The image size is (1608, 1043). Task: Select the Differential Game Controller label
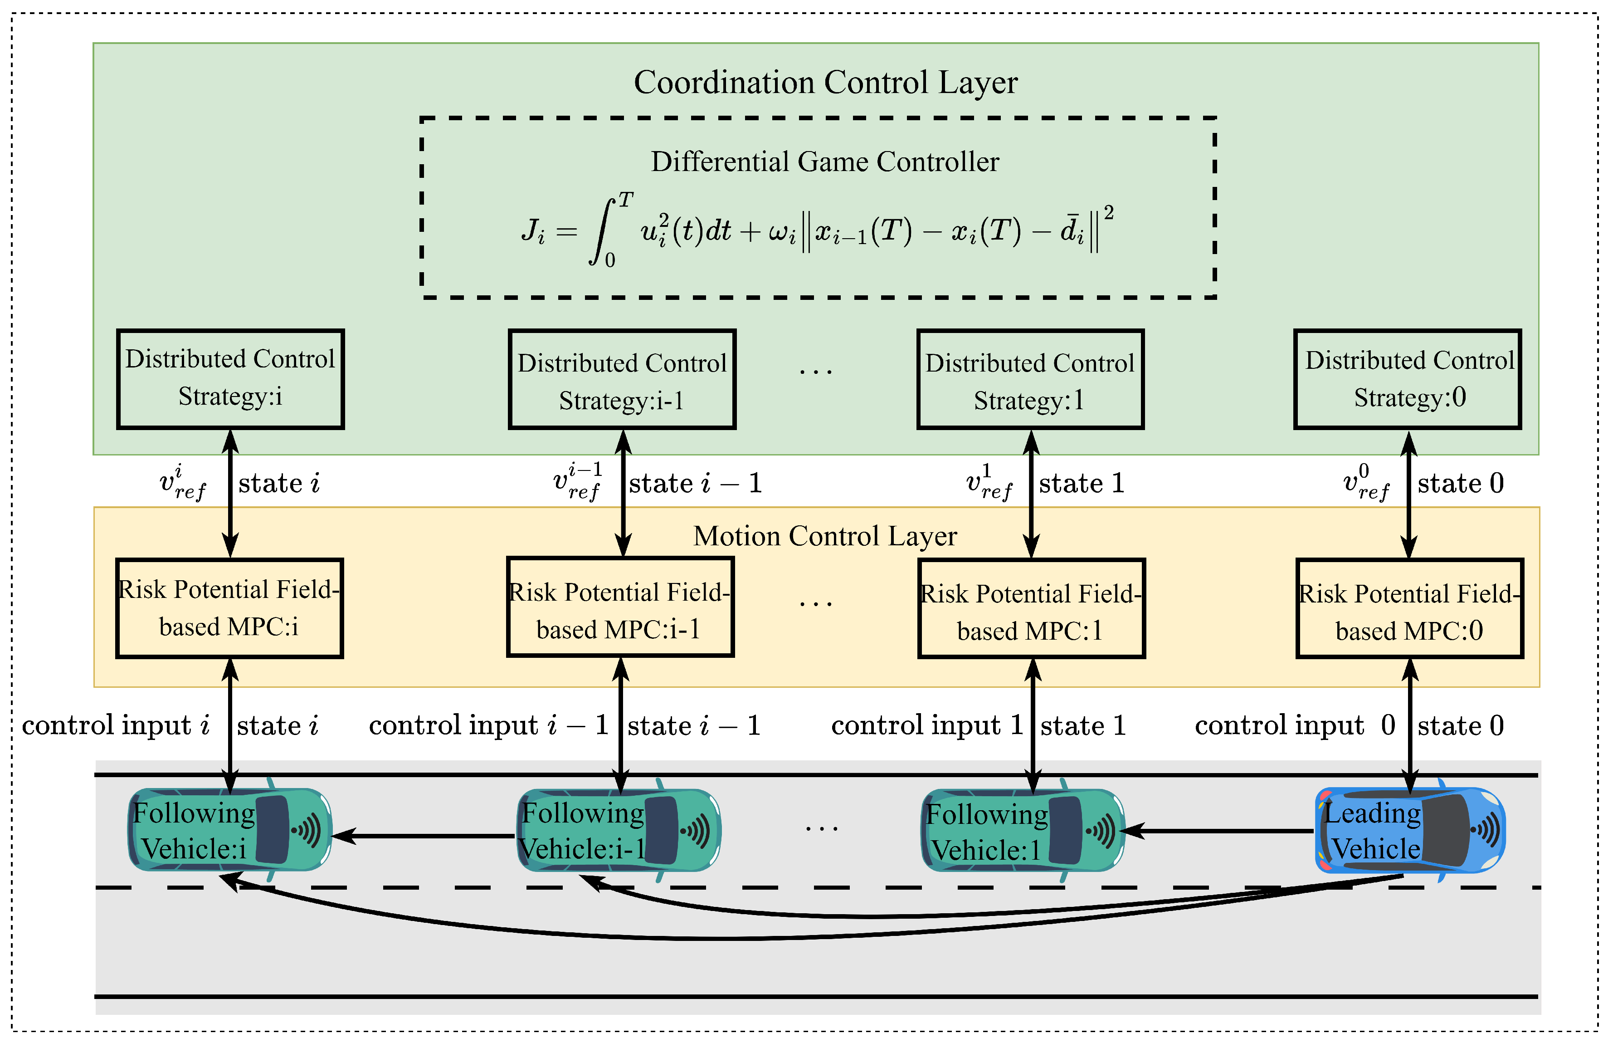(x=824, y=162)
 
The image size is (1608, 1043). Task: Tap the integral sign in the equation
(x=603, y=231)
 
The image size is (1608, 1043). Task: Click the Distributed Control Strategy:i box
(x=230, y=378)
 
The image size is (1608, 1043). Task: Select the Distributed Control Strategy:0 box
(x=1408, y=378)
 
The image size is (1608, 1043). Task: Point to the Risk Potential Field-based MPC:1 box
(x=1031, y=607)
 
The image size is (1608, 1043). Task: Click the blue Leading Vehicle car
(x=1409, y=830)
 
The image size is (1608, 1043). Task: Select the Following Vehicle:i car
(x=230, y=830)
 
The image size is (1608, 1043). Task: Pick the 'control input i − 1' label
(x=488, y=725)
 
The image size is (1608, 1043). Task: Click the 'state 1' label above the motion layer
(x=1082, y=483)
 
